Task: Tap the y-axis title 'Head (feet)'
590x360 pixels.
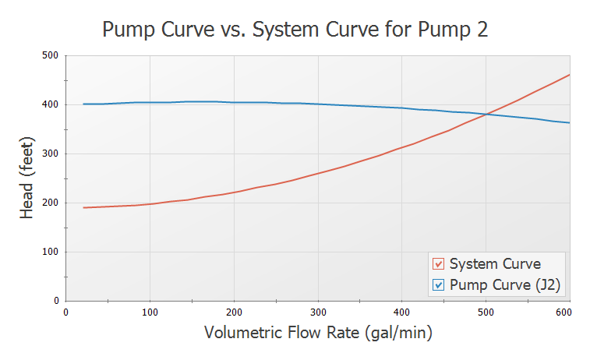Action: click(x=27, y=178)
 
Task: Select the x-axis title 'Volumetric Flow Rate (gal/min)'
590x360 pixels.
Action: click(x=318, y=333)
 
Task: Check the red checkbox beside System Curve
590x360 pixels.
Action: click(x=438, y=264)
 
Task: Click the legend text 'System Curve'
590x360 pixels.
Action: click(x=495, y=264)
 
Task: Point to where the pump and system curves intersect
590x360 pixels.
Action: click(x=486, y=115)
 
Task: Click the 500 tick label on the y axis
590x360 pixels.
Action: click(x=51, y=55)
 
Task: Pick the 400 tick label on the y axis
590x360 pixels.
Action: click(x=51, y=104)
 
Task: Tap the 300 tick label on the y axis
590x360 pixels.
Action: click(x=51, y=154)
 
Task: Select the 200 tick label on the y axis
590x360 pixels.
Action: click(x=51, y=203)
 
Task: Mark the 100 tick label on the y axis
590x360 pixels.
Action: click(x=51, y=252)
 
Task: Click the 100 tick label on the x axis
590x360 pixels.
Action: click(x=150, y=312)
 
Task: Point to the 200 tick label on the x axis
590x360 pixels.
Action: click(x=234, y=312)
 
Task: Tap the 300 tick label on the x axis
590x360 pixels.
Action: click(x=318, y=312)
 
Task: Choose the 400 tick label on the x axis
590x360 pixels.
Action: click(x=401, y=312)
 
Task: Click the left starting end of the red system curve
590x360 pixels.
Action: click(x=83, y=207)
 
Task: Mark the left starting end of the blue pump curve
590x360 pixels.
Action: click(x=83, y=104)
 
